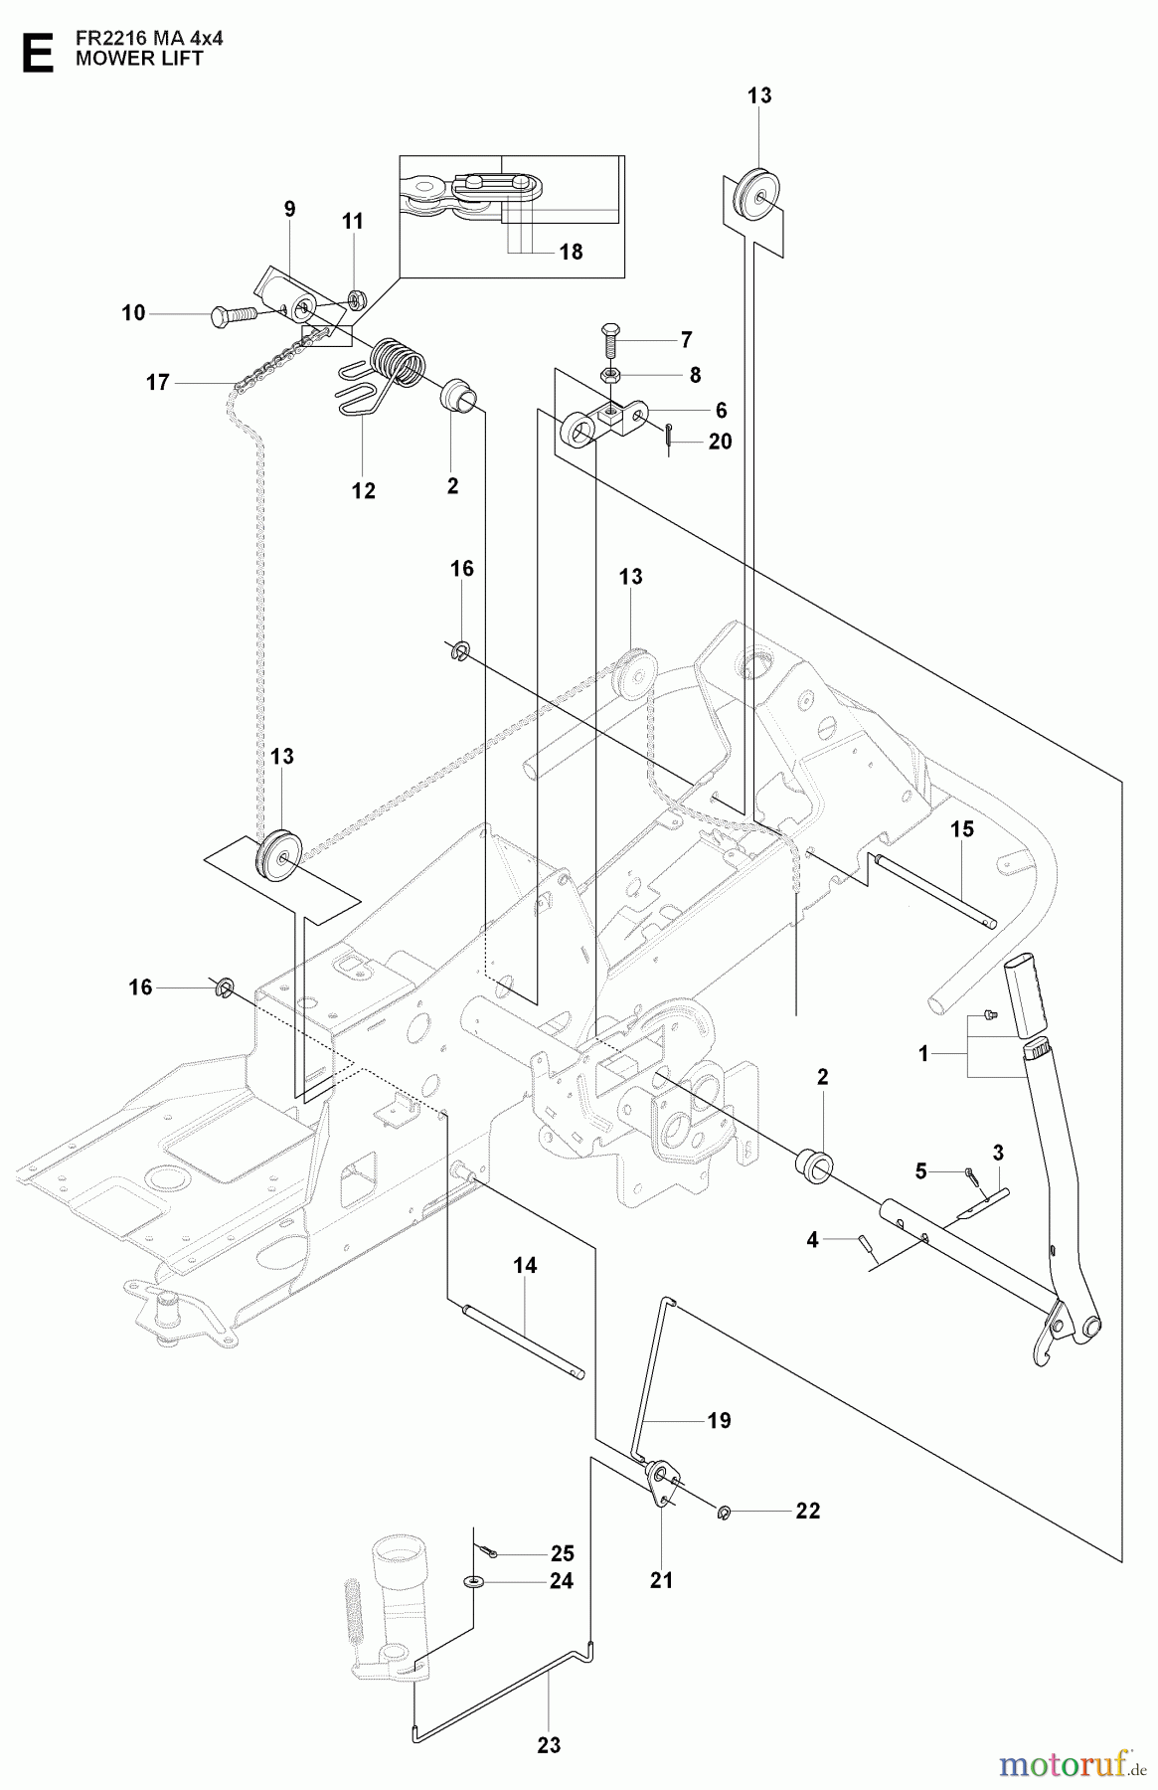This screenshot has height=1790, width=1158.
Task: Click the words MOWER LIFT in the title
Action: (139, 59)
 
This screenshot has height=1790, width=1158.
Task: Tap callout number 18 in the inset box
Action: (571, 252)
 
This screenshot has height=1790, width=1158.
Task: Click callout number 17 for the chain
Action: (157, 382)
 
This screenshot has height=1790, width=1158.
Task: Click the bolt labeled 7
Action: (611, 340)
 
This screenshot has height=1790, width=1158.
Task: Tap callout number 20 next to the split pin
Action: (720, 441)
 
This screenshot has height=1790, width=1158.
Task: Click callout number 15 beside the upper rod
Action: (961, 828)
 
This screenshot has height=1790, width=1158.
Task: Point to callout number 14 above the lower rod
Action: (525, 1265)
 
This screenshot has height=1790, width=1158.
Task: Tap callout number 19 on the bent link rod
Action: (719, 1420)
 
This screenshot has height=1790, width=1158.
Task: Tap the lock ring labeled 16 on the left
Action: (226, 987)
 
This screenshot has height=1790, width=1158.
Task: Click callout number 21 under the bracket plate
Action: (661, 1579)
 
